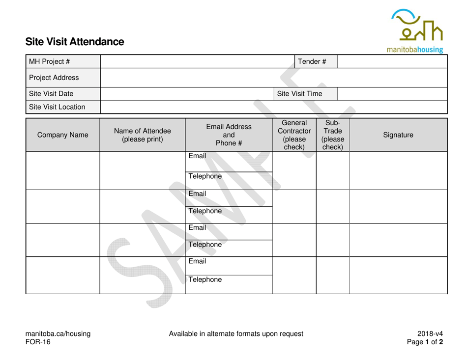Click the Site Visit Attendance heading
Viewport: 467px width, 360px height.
click(x=75, y=42)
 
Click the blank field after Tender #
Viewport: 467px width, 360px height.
click(x=393, y=61)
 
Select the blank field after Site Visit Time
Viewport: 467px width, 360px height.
click(x=393, y=93)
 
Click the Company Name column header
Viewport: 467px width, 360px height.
click(x=62, y=134)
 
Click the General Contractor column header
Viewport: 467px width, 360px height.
click(x=294, y=134)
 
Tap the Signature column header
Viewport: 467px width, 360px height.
click(x=398, y=134)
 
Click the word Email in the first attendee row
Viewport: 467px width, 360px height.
click(x=198, y=157)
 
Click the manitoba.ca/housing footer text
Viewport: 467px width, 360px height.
click(x=58, y=334)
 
